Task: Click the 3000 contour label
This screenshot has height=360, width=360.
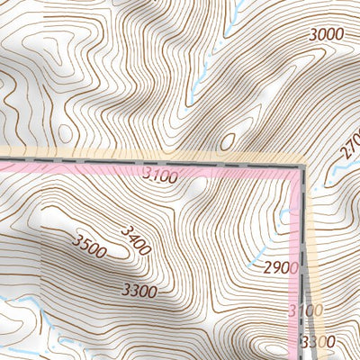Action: [x=327, y=35]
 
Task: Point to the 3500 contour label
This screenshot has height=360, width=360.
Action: [x=89, y=246]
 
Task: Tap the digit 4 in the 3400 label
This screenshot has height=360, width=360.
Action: [x=130, y=236]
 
